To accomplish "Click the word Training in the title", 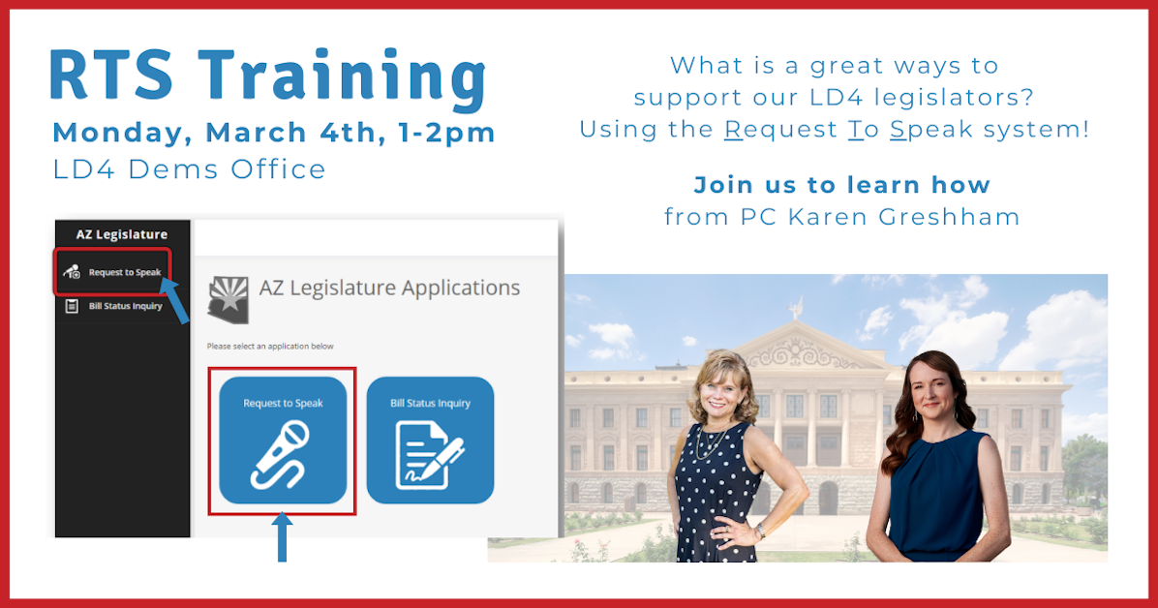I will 347,77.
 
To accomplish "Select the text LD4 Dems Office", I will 190,169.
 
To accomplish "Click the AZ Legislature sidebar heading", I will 122,234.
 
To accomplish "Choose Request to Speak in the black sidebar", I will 125,272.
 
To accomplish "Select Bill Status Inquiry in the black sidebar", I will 133,307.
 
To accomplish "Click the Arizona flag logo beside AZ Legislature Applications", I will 229,298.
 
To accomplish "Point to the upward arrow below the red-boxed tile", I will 282,537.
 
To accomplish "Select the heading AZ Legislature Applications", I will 389,288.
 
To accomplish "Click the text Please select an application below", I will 270,346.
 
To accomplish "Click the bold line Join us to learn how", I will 841,185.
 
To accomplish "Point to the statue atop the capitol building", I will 795,308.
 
